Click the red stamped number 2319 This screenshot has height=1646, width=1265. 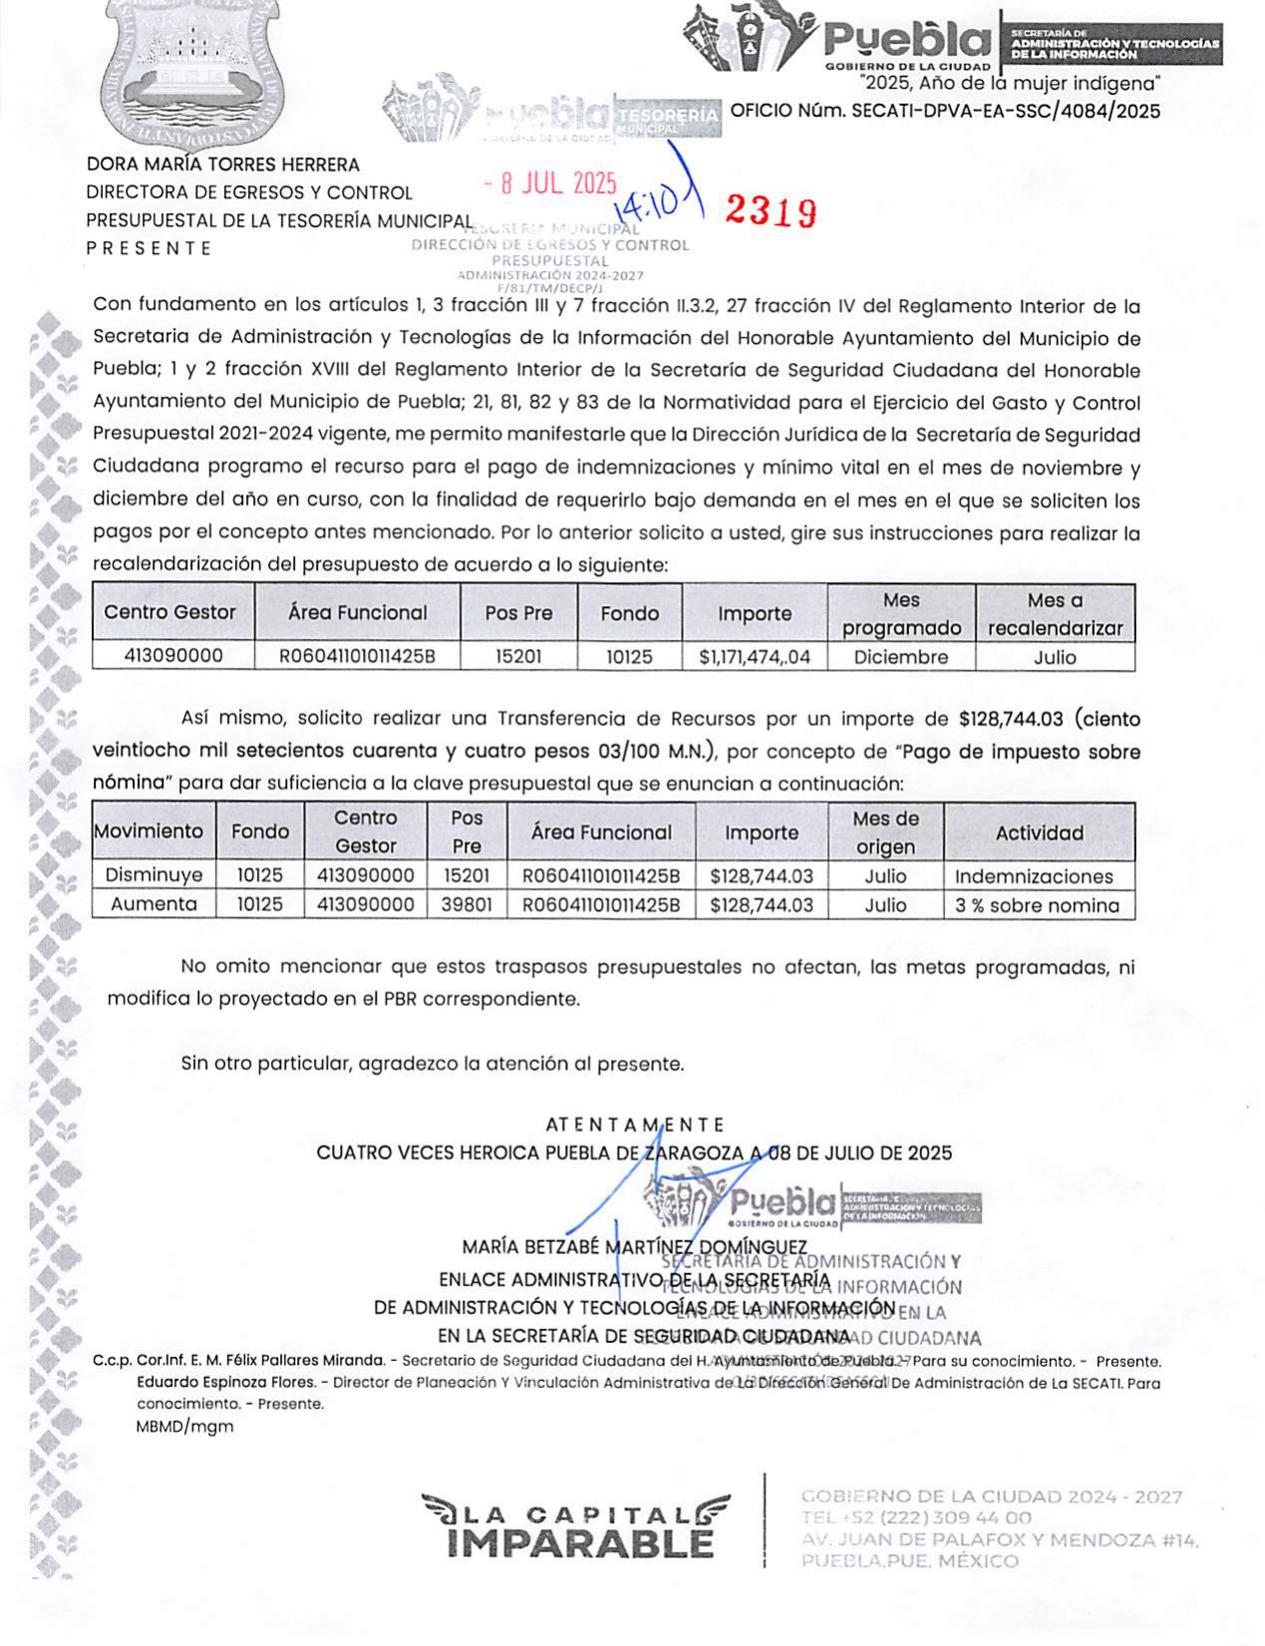tap(770, 210)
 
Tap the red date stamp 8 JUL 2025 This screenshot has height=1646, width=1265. tap(550, 183)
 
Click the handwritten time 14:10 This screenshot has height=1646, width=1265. tap(647, 204)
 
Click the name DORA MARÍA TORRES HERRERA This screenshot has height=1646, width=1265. tap(223, 165)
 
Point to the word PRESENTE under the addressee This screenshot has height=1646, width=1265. tap(150, 248)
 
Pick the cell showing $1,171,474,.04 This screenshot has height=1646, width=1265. tap(755, 657)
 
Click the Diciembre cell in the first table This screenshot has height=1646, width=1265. tap(901, 657)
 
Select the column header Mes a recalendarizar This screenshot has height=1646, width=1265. tap(1055, 614)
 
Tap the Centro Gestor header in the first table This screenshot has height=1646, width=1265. tap(170, 612)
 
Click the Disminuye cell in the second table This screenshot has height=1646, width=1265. tap(154, 875)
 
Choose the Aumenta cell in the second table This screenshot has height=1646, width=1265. tap(154, 904)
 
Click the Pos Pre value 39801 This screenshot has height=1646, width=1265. tap(467, 904)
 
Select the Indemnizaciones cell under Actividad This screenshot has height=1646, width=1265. tap(1034, 876)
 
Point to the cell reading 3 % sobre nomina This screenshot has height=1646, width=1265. tap(1037, 905)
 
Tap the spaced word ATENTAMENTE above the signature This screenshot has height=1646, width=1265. tap(635, 1125)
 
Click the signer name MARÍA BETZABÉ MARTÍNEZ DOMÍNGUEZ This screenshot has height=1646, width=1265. tap(635, 1247)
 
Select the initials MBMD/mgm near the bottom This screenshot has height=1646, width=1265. tap(184, 1426)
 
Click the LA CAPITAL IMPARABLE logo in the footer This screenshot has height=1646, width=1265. tap(576, 1526)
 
